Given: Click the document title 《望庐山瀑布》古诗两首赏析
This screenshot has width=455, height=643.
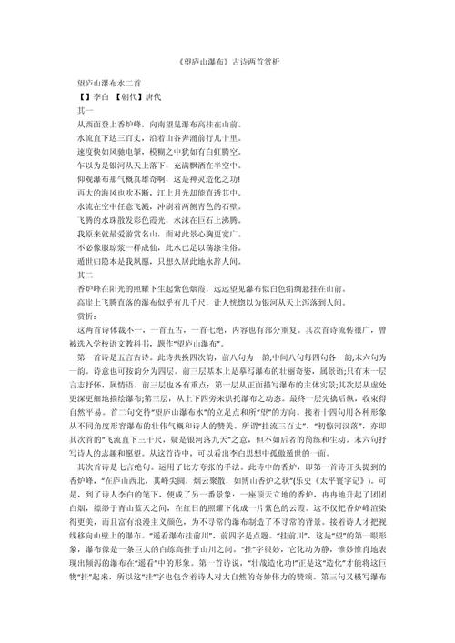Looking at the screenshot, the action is (227, 61).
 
